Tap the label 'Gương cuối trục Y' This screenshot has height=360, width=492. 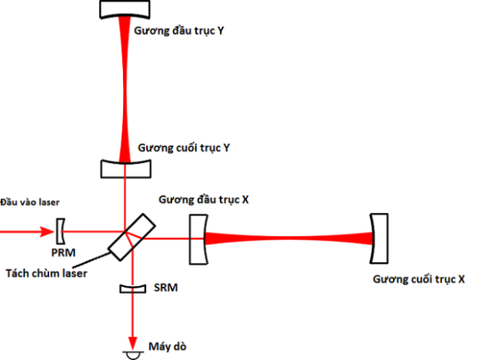click(184, 147)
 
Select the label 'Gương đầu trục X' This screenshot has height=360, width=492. click(204, 199)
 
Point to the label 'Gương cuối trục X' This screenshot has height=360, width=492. click(419, 280)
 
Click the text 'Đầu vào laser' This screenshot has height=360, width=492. click(30, 202)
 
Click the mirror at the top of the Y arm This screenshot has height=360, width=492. click(125, 9)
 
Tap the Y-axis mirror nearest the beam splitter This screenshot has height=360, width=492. click(125, 167)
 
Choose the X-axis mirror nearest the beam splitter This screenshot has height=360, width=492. click(198, 238)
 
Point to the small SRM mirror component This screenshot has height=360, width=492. click(132, 288)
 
